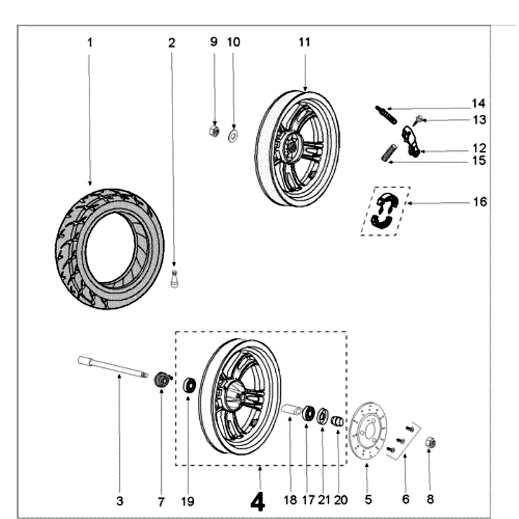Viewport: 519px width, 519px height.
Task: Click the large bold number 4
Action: [x=258, y=501]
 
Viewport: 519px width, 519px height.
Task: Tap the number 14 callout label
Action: [x=479, y=104]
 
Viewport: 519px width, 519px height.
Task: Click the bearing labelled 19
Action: [x=190, y=385]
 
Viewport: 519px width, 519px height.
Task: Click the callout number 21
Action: [x=323, y=500]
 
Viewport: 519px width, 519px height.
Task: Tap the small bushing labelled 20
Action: [x=337, y=422]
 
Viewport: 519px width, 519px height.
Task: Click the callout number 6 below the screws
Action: [x=405, y=500]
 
